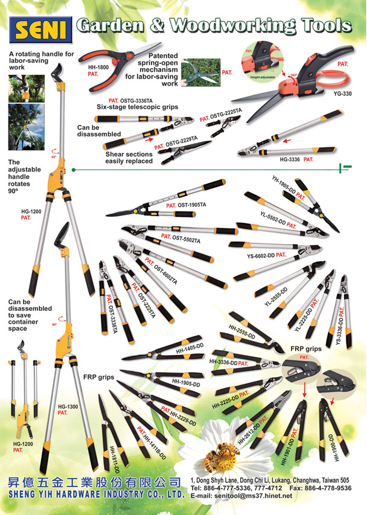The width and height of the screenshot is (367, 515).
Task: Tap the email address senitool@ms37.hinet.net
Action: pyautogui.click(x=249, y=496)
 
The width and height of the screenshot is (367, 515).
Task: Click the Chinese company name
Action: pyautogui.click(x=94, y=481)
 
